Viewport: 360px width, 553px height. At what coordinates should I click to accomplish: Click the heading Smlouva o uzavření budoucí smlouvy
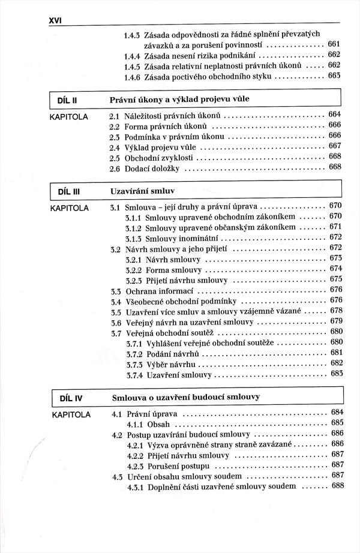click(191, 398)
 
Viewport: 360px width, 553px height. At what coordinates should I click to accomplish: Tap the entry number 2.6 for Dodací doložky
click(115, 169)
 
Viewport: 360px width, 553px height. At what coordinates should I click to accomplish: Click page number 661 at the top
click(334, 44)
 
